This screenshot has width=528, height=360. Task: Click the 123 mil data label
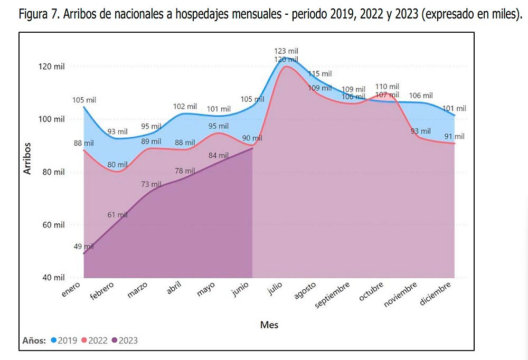click(x=286, y=51)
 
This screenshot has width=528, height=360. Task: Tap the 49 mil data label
click(x=84, y=247)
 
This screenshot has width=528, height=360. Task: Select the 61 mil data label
click(x=118, y=215)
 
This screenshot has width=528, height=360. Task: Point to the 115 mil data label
click(x=320, y=74)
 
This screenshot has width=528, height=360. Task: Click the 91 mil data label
click(x=455, y=137)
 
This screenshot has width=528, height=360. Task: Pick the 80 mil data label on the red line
click(x=118, y=164)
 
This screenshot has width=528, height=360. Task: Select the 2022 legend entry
click(x=94, y=340)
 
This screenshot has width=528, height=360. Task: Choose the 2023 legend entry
click(x=125, y=340)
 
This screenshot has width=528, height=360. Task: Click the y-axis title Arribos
click(x=28, y=158)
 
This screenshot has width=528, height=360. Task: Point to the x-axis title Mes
click(x=269, y=325)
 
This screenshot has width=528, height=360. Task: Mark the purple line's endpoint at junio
click(x=253, y=148)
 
